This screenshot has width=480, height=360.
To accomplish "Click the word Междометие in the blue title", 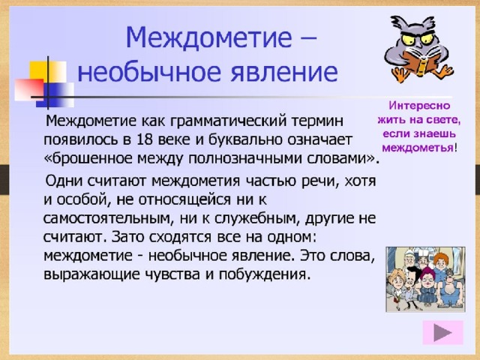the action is (x=208, y=37).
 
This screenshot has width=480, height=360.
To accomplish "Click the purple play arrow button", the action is (x=442, y=333).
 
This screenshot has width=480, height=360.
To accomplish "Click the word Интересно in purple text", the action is (x=419, y=106).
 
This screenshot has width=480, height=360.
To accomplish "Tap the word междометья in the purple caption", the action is (x=418, y=148).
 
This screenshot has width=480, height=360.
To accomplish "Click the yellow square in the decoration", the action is (x=47, y=71).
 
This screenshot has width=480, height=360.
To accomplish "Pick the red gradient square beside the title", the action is (x=29, y=90).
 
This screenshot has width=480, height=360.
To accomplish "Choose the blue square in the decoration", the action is (x=55, y=95).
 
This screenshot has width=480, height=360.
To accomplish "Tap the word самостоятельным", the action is (x=106, y=218).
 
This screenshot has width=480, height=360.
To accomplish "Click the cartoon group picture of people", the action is (x=425, y=280).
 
